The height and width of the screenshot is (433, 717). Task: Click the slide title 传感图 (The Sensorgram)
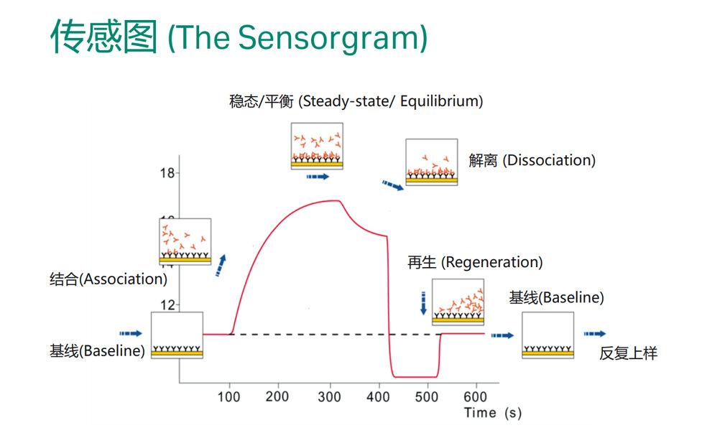[239, 37]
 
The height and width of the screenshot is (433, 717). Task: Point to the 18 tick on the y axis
[167, 173]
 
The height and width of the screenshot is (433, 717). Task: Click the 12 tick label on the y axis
[167, 304]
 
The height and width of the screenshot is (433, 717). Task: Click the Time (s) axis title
[492, 413]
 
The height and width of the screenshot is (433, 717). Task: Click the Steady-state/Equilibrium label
[356, 101]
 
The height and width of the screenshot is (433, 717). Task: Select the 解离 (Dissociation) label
[532, 160]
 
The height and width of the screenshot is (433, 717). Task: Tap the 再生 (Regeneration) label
[475, 262]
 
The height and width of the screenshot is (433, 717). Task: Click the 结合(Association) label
[108, 279]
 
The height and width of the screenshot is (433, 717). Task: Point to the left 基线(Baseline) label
[97, 351]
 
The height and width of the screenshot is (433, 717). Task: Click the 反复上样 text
[629, 353]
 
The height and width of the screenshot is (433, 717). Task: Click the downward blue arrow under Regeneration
[423, 302]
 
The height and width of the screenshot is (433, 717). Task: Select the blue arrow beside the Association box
[221, 265]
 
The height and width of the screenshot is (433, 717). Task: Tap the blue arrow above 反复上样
[594, 334]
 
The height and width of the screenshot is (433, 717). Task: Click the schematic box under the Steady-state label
[316, 146]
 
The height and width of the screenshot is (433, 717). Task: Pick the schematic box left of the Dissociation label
[431, 162]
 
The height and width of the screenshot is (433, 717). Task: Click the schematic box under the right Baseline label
[547, 335]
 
